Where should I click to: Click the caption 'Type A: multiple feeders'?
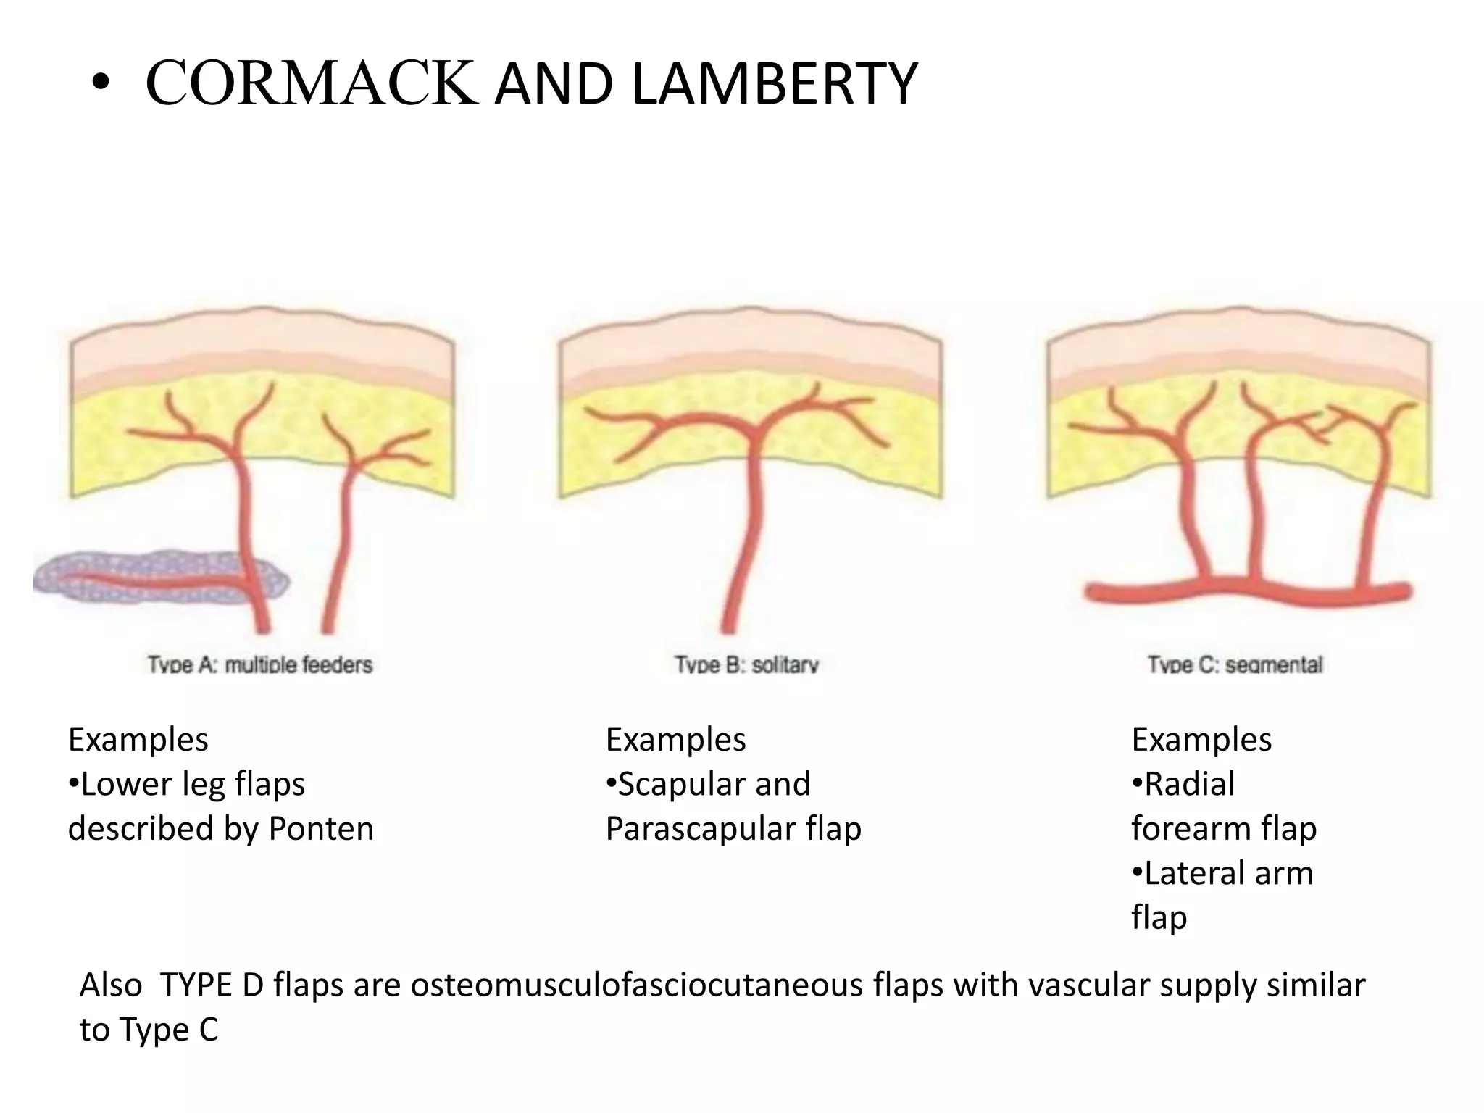click(259, 664)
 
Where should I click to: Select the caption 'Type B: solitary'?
click(746, 664)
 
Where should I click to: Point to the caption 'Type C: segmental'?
click(1235, 664)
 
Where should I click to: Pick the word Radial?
click(1189, 784)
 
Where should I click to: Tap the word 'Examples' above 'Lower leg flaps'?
click(138, 740)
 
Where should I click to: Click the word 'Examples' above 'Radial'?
click(1201, 740)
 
